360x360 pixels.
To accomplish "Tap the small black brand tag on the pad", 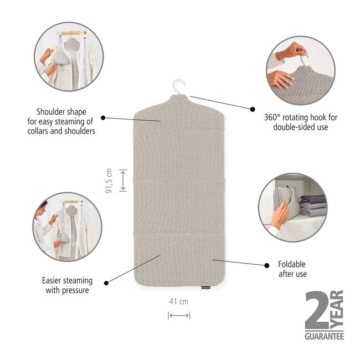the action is tap(205, 287).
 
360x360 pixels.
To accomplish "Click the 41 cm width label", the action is tap(179, 301).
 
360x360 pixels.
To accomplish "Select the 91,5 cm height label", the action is tap(109, 181).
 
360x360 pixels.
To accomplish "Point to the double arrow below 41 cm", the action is tap(179, 316).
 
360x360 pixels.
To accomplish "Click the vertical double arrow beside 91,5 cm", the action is tap(123, 181).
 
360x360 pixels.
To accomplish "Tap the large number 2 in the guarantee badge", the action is tap(317, 310).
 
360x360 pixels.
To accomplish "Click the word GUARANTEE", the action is tap(324, 336).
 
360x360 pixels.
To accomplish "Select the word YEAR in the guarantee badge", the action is tap(337, 310).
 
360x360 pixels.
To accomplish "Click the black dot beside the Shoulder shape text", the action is tap(103, 118).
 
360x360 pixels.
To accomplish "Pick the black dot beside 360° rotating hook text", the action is tap(253, 109).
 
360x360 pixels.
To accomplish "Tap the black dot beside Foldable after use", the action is tap(266, 265).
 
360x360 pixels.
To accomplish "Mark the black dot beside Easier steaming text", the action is tap(106, 283).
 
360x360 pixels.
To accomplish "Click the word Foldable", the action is tap(291, 264).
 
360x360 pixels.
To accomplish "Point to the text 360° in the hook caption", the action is tap(272, 117).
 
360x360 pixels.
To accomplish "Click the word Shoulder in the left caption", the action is tap(48, 112).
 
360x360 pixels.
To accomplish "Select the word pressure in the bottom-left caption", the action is tap(75, 291).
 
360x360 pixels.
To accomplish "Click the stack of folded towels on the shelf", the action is tap(313, 205).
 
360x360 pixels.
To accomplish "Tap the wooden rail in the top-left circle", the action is tap(72, 33).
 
